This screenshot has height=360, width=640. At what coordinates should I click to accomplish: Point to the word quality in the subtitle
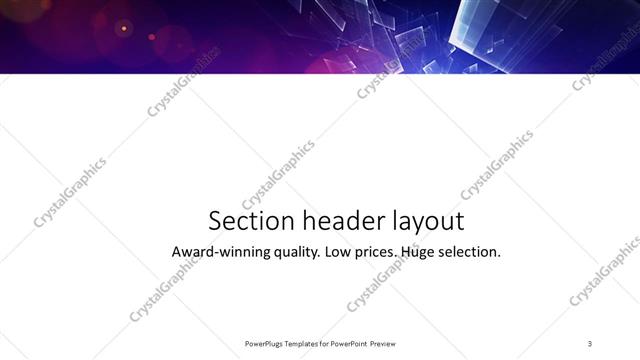(293, 253)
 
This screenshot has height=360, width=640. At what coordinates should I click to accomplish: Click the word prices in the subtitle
(376, 253)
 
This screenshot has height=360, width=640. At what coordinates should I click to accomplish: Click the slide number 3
(590, 343)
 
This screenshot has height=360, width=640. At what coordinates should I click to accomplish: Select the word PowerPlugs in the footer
(265, 343)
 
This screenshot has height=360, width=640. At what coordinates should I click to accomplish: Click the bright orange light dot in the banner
(124, 28)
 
